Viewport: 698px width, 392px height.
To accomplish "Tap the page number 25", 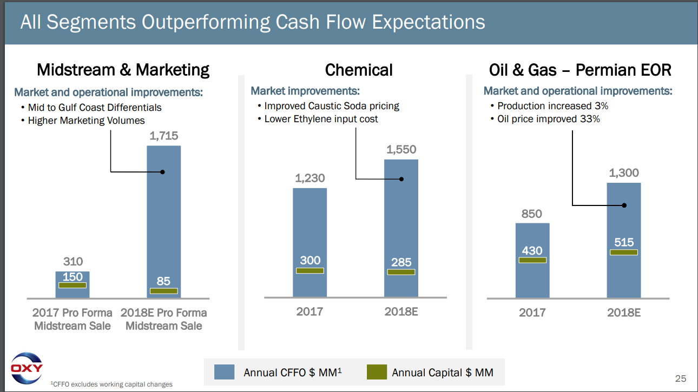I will [x=680, y=378].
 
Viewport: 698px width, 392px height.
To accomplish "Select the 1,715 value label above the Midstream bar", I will [x=163, y=136].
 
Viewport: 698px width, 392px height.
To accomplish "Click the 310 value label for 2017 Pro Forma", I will [x=73, y=262].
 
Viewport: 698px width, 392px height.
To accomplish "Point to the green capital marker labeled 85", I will [x=163, y=291].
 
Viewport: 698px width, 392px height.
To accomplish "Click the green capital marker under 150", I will [x=73, y=285].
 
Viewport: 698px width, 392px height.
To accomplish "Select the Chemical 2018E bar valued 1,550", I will [x=401, y=227].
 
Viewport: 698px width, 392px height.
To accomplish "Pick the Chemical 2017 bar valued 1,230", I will [x=310, y=227].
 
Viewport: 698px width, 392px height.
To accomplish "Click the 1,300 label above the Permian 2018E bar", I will [x=624, y=173].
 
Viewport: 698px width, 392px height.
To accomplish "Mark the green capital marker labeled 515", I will [x=624, y=252].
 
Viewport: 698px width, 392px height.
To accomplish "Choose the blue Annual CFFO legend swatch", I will [x=225, y=372].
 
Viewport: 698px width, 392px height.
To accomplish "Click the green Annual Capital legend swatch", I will [x=377, y=372].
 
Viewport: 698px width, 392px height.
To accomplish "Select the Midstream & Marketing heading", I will [x=123, y=70].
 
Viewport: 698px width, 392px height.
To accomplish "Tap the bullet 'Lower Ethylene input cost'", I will [x=321, y=119].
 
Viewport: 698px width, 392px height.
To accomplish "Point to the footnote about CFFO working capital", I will [x=111, y=384].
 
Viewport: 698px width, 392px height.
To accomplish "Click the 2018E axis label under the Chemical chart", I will [x=401, y=311].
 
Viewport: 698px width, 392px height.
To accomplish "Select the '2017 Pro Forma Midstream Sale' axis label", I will [x=73, y=319].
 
